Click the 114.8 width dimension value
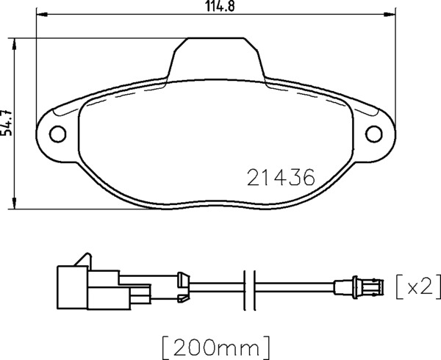click(220, 6)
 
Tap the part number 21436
click(281, 178)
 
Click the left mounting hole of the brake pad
click(57, 134)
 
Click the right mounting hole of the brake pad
click(374, 134)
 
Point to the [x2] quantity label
click(418, 287)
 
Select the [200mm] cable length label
click(216, 348)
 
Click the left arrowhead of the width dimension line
click(42, 13)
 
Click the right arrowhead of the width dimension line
click(390, 13)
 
